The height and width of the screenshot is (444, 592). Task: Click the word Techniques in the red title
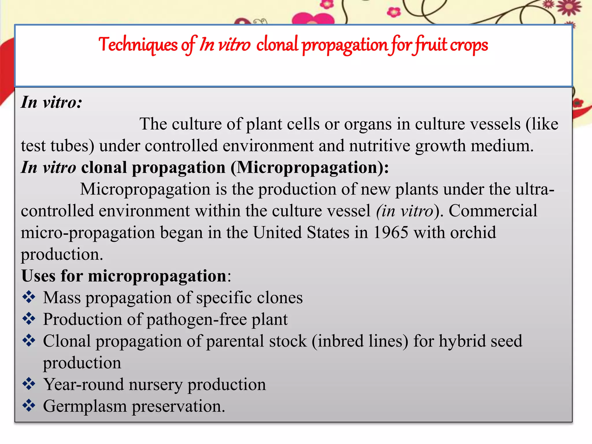click(138, 45)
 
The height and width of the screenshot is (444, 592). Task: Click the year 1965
click(391, 232)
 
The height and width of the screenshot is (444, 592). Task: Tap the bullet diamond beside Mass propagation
click(29, 297)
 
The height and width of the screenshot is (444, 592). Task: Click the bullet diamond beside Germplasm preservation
click(29, 406)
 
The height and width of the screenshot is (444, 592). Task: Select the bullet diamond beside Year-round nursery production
click(29, 384)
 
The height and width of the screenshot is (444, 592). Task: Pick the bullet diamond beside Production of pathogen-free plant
click(29, 319)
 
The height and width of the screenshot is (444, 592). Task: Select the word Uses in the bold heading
click(38, 276)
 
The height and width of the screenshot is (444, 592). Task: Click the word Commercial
click(493, 211)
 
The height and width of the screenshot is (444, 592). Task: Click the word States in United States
click(328, 232)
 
